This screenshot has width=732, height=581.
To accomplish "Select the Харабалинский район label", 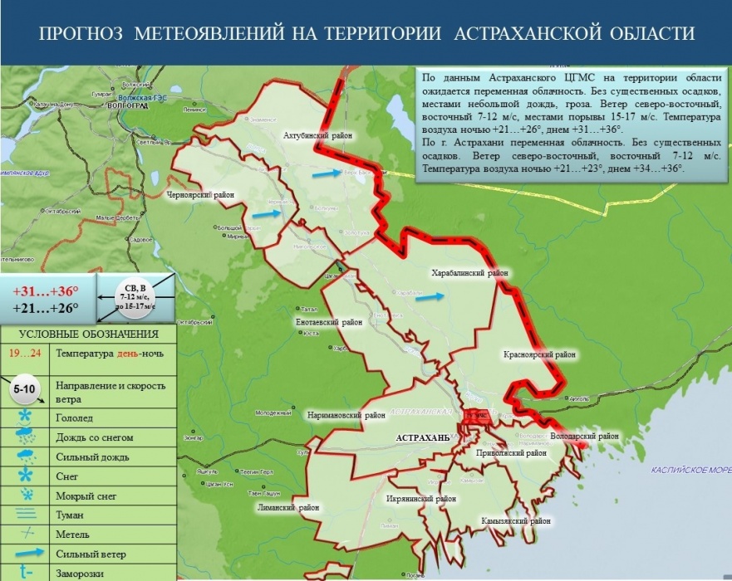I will coord(469,272).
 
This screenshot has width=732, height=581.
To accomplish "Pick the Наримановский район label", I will coord(346,414).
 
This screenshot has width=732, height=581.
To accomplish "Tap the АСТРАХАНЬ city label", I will coord(423,437).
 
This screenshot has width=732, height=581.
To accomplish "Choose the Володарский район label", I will coord(585,436).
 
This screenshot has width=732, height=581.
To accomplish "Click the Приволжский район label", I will coord(512,454).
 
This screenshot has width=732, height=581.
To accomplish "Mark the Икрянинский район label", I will coord(422,499).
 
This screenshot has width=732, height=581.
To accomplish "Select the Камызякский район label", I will coord(516,521).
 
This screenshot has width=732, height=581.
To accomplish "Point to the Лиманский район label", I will coord(290,505).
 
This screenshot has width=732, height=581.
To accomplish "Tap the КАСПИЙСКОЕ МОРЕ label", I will coord(685,470).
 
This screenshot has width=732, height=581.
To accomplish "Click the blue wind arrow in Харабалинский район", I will coord(430,296).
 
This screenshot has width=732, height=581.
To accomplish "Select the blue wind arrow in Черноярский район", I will coord(266,213).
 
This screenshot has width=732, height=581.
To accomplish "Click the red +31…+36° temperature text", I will coord(46,291).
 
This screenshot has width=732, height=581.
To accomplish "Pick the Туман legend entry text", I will coord(70,515).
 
